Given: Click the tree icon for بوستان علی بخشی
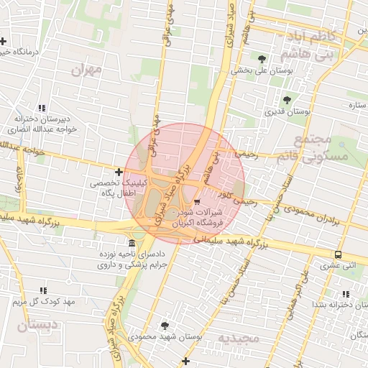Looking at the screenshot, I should tap(261, 59).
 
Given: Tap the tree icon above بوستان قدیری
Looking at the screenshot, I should tap(287, 100).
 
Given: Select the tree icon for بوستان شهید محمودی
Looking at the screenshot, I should tap(165, 325).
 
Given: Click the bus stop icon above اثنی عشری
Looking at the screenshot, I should tap(338, 254).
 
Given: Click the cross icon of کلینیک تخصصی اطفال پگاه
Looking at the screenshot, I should tap(119, 172).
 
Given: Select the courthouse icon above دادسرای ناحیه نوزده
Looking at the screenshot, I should tap(131, 242).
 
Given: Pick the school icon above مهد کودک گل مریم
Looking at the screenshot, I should tap(43, 290).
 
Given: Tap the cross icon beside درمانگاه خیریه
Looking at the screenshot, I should tap(5, 40).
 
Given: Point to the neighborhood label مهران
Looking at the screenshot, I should tap(88, 70).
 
